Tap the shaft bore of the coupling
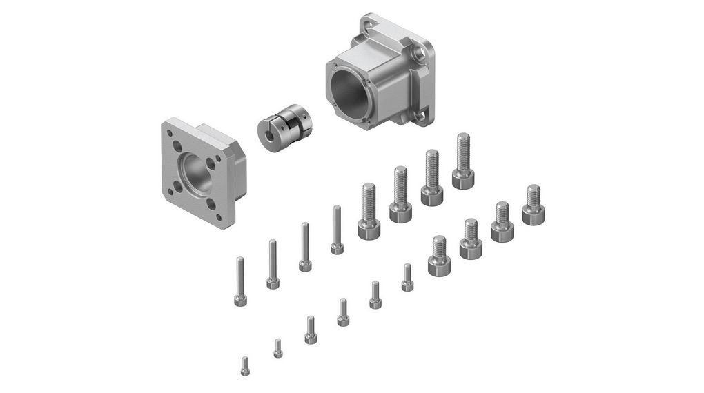point(266,132)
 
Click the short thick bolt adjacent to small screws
point(438,256)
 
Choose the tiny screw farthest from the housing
point(244,365)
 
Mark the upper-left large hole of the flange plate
point(178,147)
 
